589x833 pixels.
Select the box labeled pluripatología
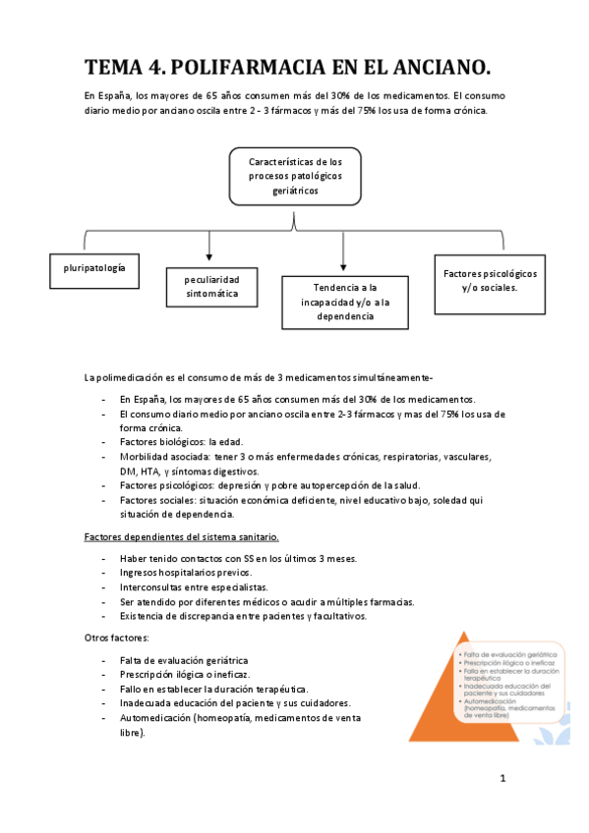pos(94,267)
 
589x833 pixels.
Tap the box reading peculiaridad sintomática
pos(211,286)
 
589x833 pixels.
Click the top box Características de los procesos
pos(295,176)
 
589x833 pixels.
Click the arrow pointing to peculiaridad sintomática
pos(209,247)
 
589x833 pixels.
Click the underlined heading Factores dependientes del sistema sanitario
pos(181,536)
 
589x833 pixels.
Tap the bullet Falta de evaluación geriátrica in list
pos(183,660)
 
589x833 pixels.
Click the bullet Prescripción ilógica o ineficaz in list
pos(184,675)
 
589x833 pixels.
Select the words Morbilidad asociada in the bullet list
pos(162,457)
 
